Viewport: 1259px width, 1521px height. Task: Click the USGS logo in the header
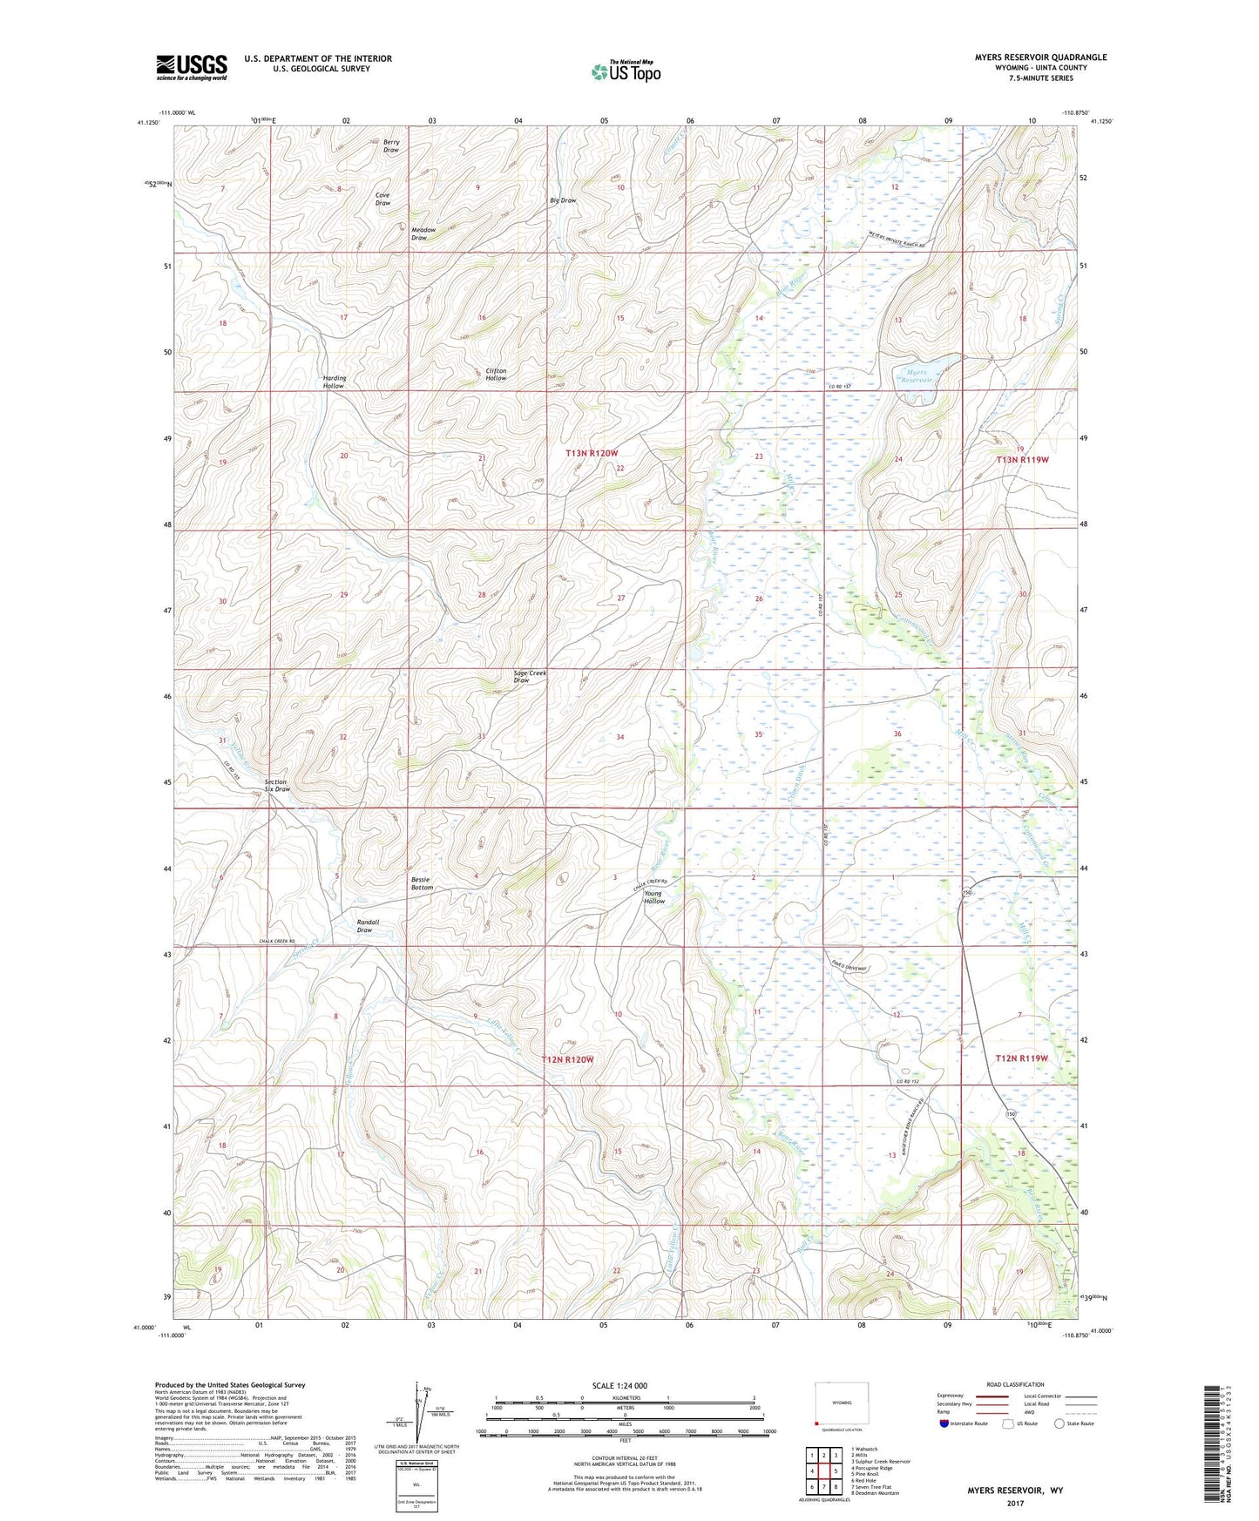click(x=191, y=67)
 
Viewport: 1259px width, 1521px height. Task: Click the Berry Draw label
click(x=391, y=145)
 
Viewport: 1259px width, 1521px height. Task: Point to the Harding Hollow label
click(x=334, y=382)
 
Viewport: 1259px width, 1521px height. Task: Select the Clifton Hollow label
click(x=496, y=375)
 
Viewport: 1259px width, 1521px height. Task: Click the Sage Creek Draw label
click(x=530, y=677)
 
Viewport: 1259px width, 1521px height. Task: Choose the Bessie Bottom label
click(x=422, y=883)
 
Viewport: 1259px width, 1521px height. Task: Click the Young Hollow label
click(x=653, y=897)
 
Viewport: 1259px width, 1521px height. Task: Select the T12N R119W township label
click(x=1021, y=1058)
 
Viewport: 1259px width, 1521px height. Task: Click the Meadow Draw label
click(x=419, y=233)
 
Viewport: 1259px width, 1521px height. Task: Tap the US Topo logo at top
click(x=625, y=71)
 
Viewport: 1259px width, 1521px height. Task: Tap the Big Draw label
click(x=563, y=200)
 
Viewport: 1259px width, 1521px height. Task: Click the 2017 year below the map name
click(x=1014, y=1503)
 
